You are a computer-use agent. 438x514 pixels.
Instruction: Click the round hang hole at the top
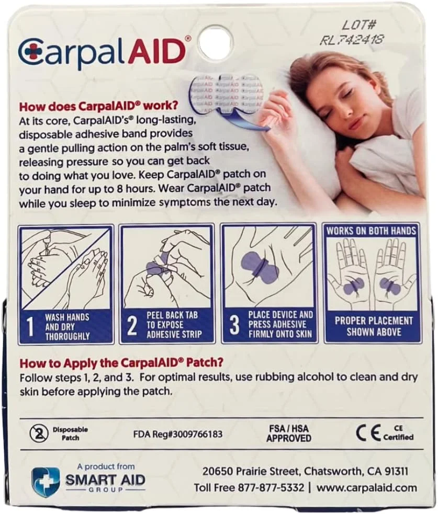pyautogui.click(x=216, y=41)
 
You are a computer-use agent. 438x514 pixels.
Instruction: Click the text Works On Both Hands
pyautogui.click(x=372, y=231)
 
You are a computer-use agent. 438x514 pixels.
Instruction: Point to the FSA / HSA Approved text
pyautogui.click(x=288, y=433)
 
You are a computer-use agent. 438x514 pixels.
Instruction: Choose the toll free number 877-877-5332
pyautogui.click(x=268, y=487)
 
